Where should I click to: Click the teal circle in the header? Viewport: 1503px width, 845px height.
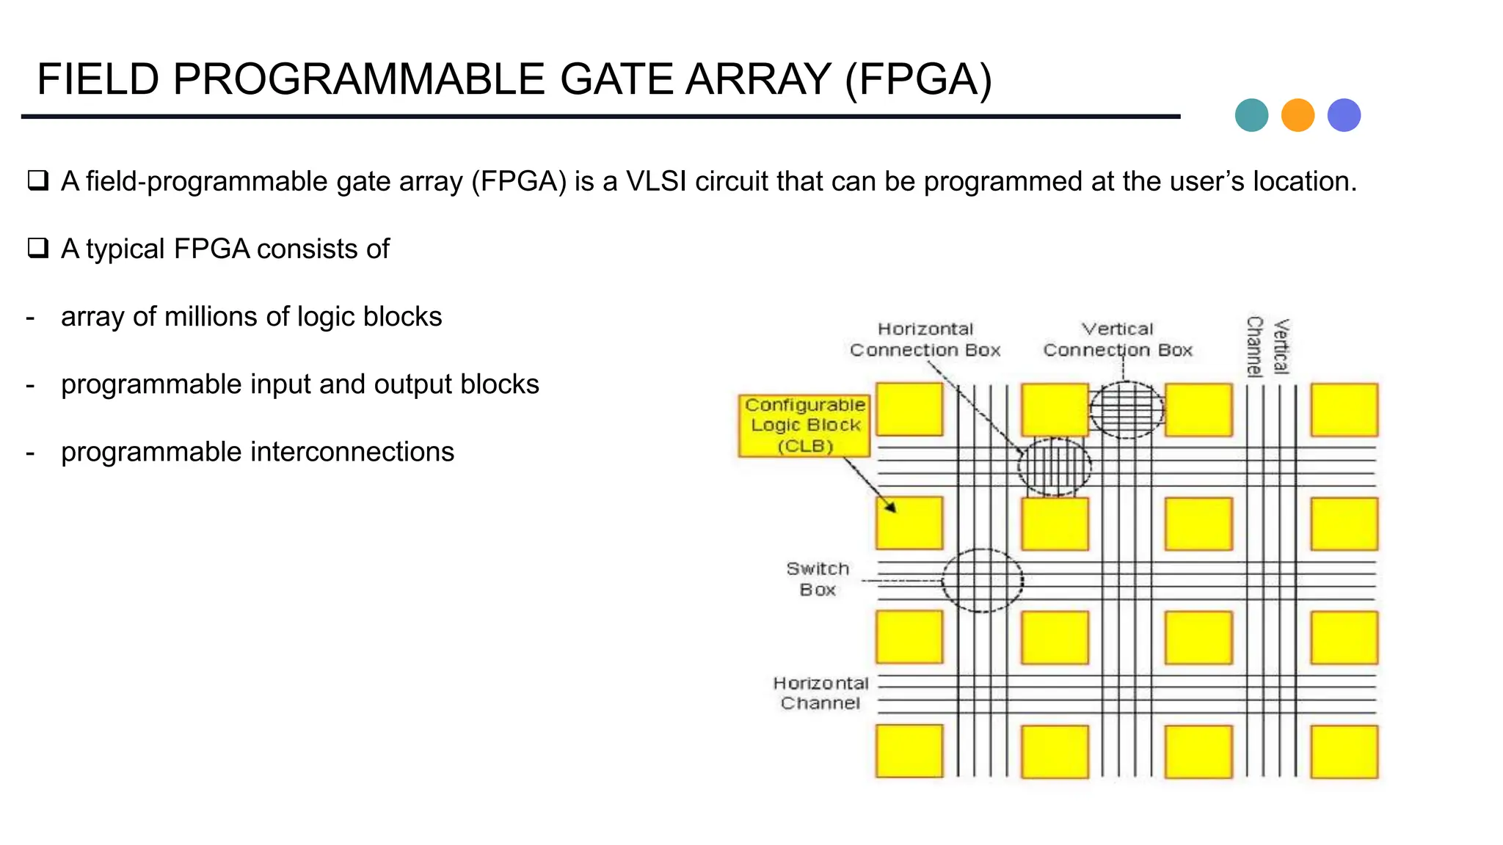(x=1251, y=115)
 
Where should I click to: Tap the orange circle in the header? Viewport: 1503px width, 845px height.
(x=1298, y=115)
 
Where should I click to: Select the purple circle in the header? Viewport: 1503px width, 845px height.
(x=1344, y=115)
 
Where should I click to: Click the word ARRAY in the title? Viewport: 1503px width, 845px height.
(x=757, y=79)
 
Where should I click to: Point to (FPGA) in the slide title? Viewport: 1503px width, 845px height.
(x=918, y=79)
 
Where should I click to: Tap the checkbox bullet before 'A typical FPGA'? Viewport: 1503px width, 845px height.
(x=38, y=248)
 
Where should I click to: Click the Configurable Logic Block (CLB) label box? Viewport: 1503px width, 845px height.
(x=804, y=425)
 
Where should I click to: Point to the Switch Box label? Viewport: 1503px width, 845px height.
(x=818, y=579)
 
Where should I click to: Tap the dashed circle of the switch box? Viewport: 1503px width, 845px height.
(x=983, y=580)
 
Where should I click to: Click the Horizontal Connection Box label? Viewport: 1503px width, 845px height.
(x=925, y=340)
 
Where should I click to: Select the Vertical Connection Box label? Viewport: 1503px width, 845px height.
(x=1118, y=340)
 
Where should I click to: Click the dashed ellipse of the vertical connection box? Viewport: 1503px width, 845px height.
(x=1127, y=409)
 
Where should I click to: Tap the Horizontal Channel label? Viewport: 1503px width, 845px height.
(x=820, y=693)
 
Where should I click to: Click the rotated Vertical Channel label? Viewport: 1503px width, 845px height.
(x=1267, y=346)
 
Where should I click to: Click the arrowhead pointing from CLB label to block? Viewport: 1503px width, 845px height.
(x=890, y=507)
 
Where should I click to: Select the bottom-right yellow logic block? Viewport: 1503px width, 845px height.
(x=1344, y=751)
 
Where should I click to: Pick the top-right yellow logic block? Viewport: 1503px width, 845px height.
(x=1344, y=409)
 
